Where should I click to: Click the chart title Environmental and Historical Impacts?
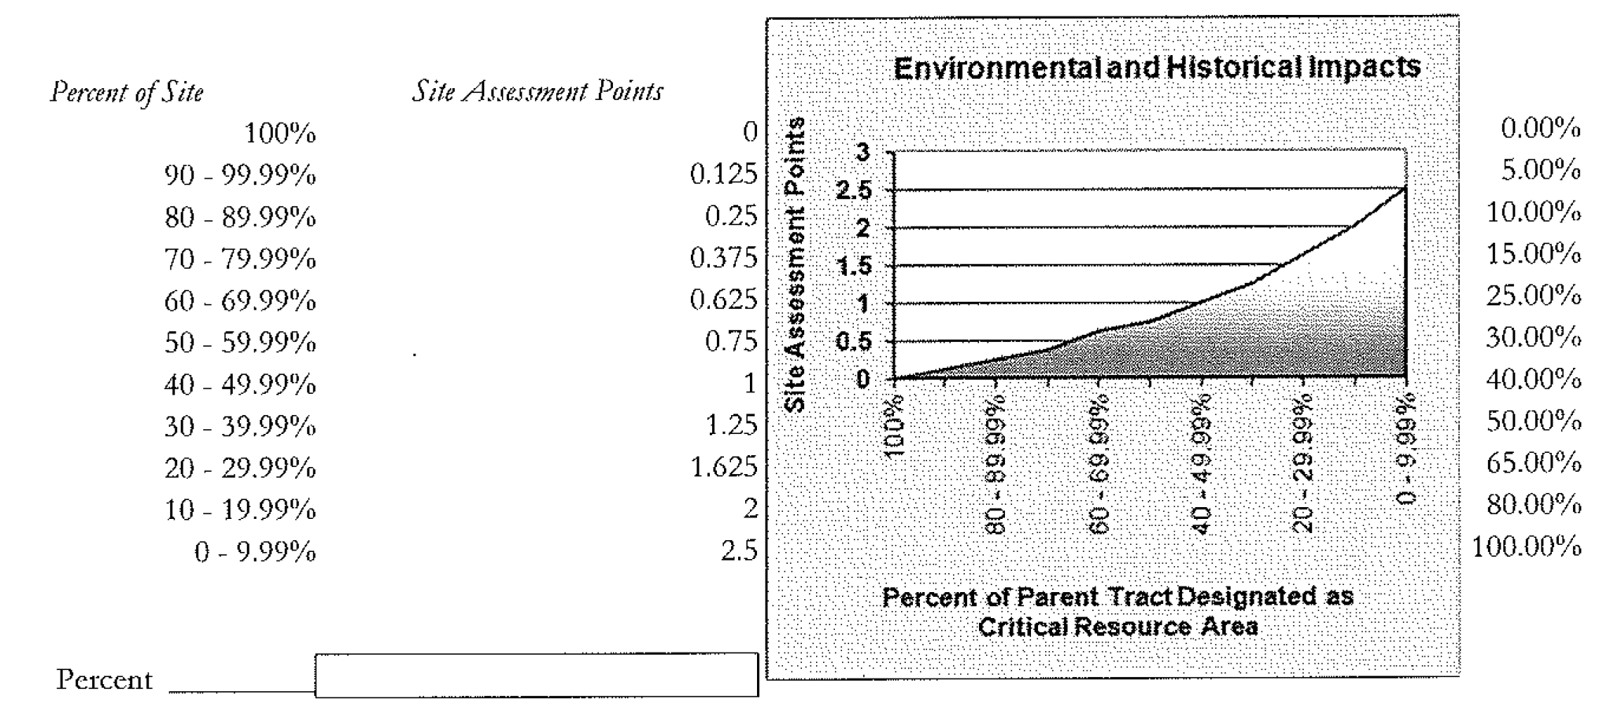1157,68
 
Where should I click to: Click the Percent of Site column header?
127,93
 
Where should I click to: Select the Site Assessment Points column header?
537,92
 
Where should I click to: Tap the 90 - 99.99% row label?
240,175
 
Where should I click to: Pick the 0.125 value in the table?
723,175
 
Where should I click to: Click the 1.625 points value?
723,467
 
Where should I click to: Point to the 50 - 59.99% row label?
240,343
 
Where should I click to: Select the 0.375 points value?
723,258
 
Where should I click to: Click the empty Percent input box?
536,675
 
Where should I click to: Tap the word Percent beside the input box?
104,680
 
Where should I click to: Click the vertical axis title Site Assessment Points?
796,265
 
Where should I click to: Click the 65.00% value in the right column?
1533,462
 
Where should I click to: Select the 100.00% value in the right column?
1527,546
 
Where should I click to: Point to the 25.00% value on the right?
1533,296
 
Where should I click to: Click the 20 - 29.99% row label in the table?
240,469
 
